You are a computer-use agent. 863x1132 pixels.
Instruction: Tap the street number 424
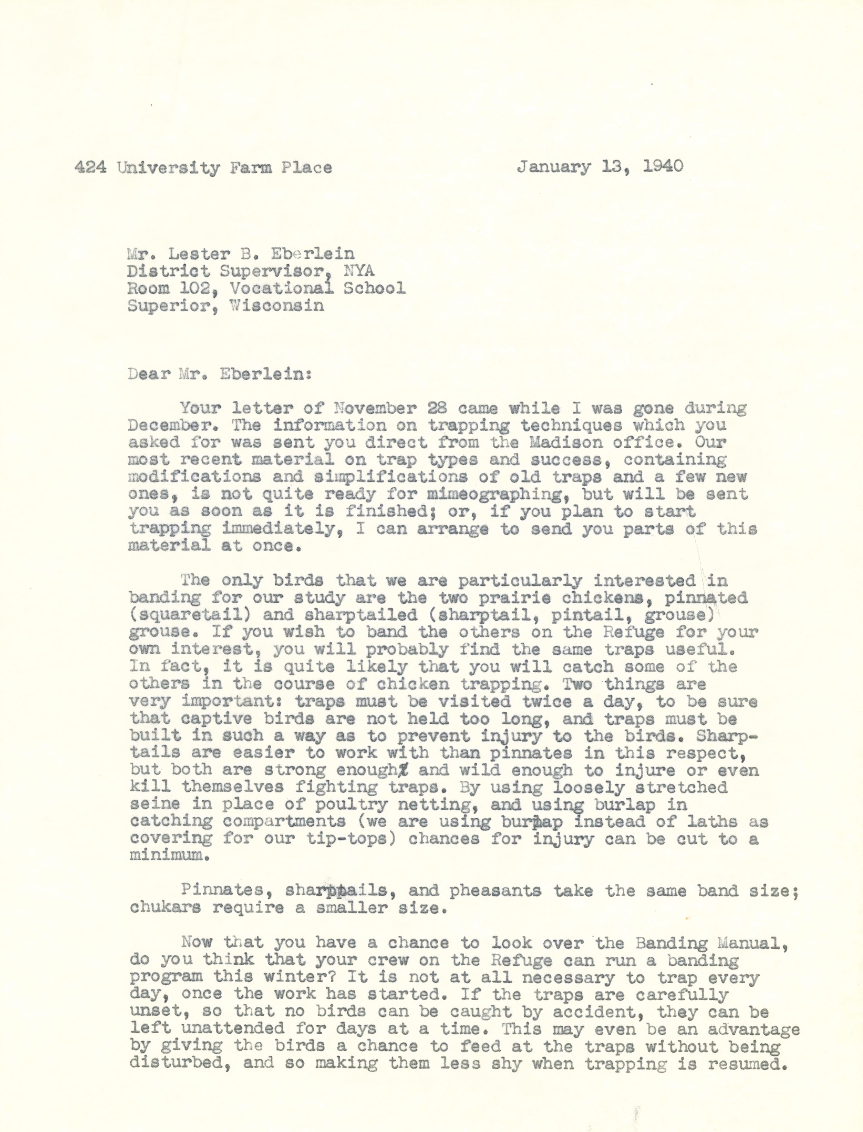pos(90,168)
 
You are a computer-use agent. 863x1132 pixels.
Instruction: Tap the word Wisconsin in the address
pos(277,305)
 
